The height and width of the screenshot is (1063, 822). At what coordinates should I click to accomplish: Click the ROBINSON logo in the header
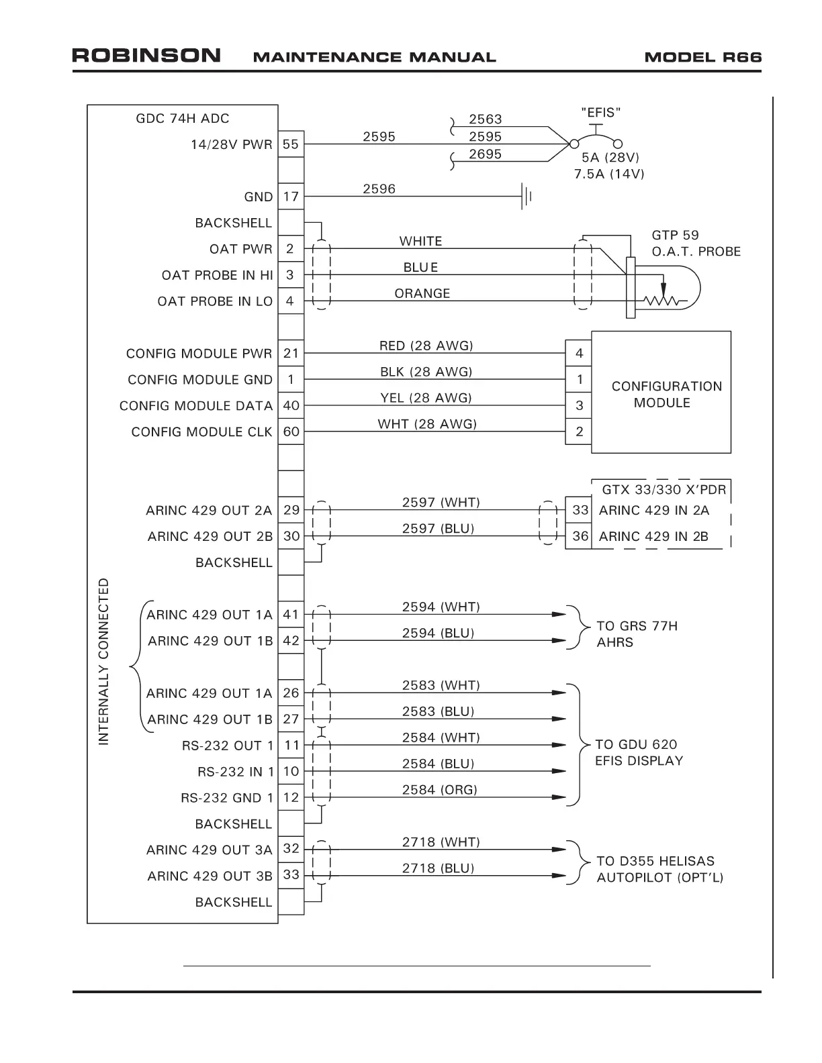click(146, 56)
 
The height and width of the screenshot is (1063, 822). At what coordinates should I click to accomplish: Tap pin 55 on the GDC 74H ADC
click(291, 144)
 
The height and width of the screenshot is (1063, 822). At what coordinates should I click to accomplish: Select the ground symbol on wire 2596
click(527, 197)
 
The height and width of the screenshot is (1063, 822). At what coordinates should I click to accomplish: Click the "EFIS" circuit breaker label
click(600, 112)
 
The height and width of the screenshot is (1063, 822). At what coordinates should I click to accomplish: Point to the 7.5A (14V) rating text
click(609, 174)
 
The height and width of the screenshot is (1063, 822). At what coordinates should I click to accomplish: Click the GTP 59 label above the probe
click(675, 236)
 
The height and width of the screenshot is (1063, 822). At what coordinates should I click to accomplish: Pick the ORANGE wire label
click(422, 293)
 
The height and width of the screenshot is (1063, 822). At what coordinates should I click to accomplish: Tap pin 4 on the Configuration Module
click(579, 354)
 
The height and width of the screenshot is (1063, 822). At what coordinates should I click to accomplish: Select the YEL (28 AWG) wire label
click(426, 398)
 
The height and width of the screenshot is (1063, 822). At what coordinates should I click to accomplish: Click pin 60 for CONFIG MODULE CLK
click(291, 432)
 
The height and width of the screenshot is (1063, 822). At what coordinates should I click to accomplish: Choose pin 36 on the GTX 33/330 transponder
click(580, 536)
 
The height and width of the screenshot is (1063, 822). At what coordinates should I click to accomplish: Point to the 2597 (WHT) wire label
click(441, 502)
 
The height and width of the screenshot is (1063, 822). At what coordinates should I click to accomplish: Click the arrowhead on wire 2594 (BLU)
click(558, 641)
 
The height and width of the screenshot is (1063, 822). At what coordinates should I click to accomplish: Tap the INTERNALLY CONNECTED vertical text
click(103, 661)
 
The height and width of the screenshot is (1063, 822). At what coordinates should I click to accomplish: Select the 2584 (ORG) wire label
click(439, 790)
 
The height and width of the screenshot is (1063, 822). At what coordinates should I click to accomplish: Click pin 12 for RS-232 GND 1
click(291, 797)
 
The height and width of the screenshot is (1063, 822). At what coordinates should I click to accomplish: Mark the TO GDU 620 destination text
click(636, 744)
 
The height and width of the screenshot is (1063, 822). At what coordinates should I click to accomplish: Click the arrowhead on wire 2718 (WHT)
click(558, 850)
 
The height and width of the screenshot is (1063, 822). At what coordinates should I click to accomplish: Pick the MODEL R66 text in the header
click(702, 57)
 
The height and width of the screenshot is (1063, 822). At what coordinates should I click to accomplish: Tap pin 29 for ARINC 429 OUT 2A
click(291, 510)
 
